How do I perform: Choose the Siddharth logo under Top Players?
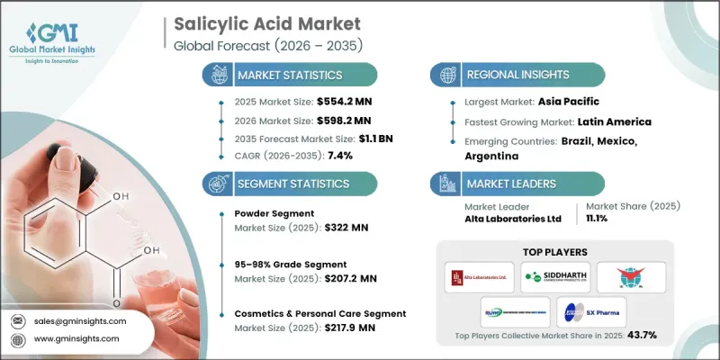557,276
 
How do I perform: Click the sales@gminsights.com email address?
80,320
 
